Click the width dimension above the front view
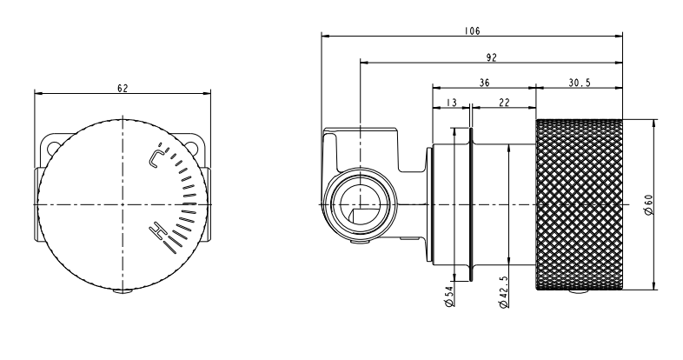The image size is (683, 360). [x=123, y=88]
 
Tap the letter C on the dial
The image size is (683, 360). [x=156, y=157]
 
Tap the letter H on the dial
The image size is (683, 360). [x=157, y=231]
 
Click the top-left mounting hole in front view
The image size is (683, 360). [x=54, y=140]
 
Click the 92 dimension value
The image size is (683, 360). [x=491, y=59]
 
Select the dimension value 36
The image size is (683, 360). [x=483, y=83]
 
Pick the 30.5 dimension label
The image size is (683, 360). [x=580, y=83]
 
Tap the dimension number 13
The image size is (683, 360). [x=451, y=103]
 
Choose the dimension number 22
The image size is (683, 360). [x=504, y=103]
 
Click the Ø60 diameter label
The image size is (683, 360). [x=648, y=206]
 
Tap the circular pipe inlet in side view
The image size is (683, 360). [x=356, y=205]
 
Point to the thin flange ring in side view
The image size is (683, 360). [x=470, y=205]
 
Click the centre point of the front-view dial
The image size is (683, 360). [x=123, y=205]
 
